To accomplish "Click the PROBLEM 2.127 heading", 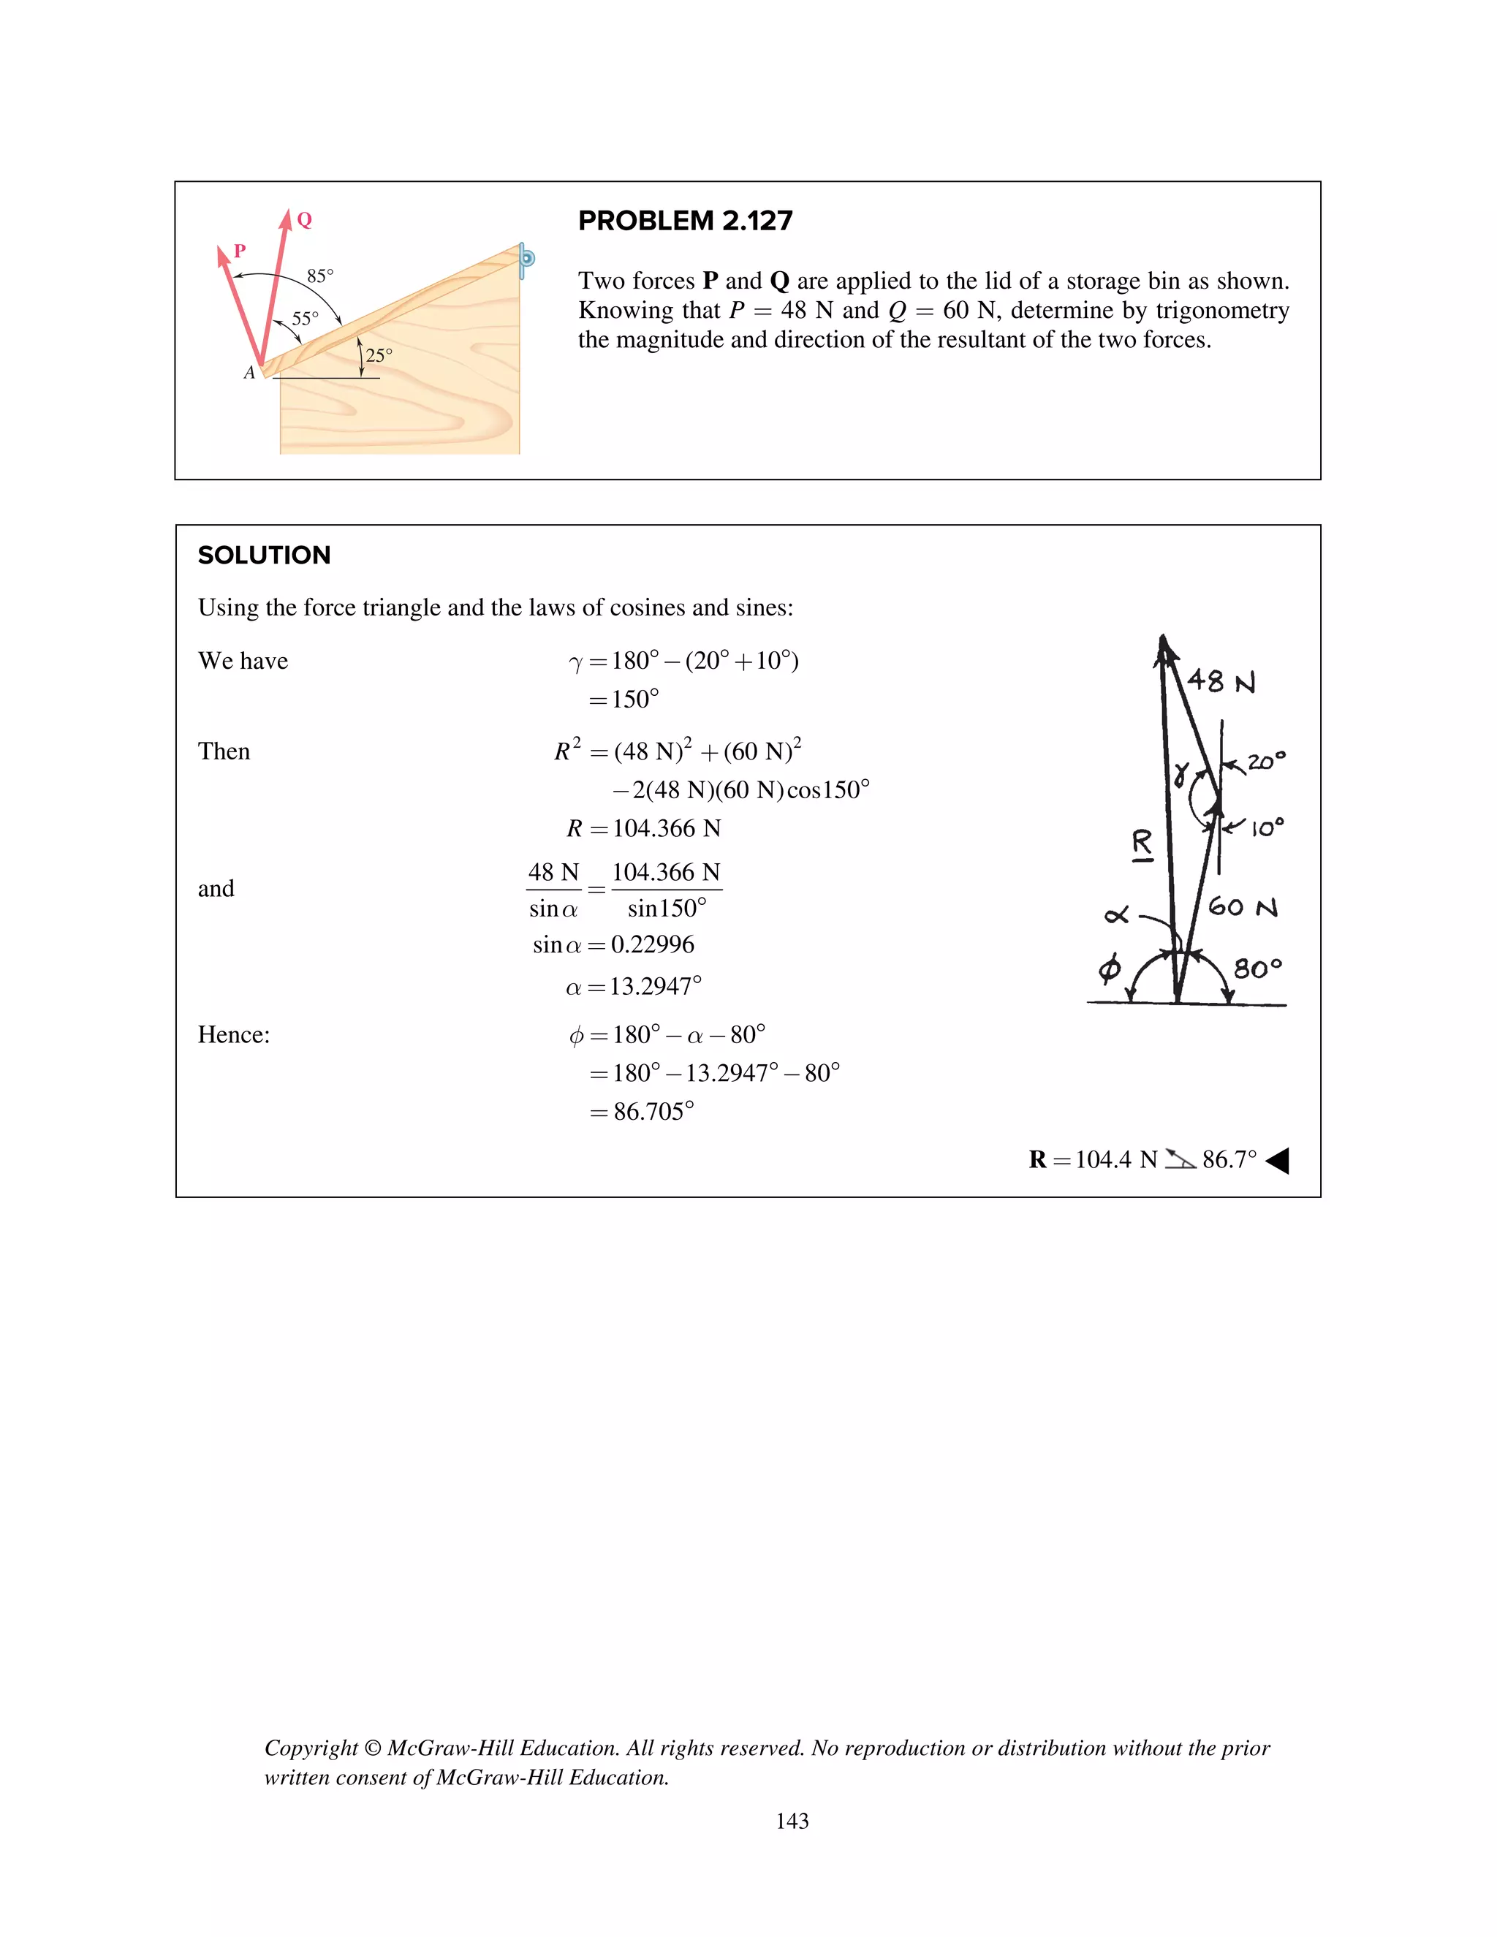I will pyautogui.click(x=685, y=221).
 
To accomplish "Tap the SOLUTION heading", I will pyautogui.click(x=265, y=556).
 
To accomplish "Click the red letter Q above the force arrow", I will pyautogui.click(x=304, y=220).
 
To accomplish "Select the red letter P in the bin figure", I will pyautogui.click(x=240, y=251).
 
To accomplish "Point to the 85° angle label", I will pyautogui.click(x=320, y=276).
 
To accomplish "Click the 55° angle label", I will pyautogui.click(x=305, y=319).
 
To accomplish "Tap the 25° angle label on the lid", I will pyautogui.click(x=379, y=356).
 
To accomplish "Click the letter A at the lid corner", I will pyautogui.click(x=249, y=374).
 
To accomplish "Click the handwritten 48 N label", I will pyautogui.click(x=1221, y=681).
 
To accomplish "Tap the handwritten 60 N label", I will pyautogui.click(x=1243, y=906).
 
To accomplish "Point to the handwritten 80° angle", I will pyautogui.click(x=1257, y=968).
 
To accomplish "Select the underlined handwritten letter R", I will pyautogui.click(x=1142, y=844).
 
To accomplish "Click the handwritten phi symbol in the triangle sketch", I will pyautogui.click(x=1110, y=968).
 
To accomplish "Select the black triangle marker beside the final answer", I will pyautogui.click(x=1277, y=1160).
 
